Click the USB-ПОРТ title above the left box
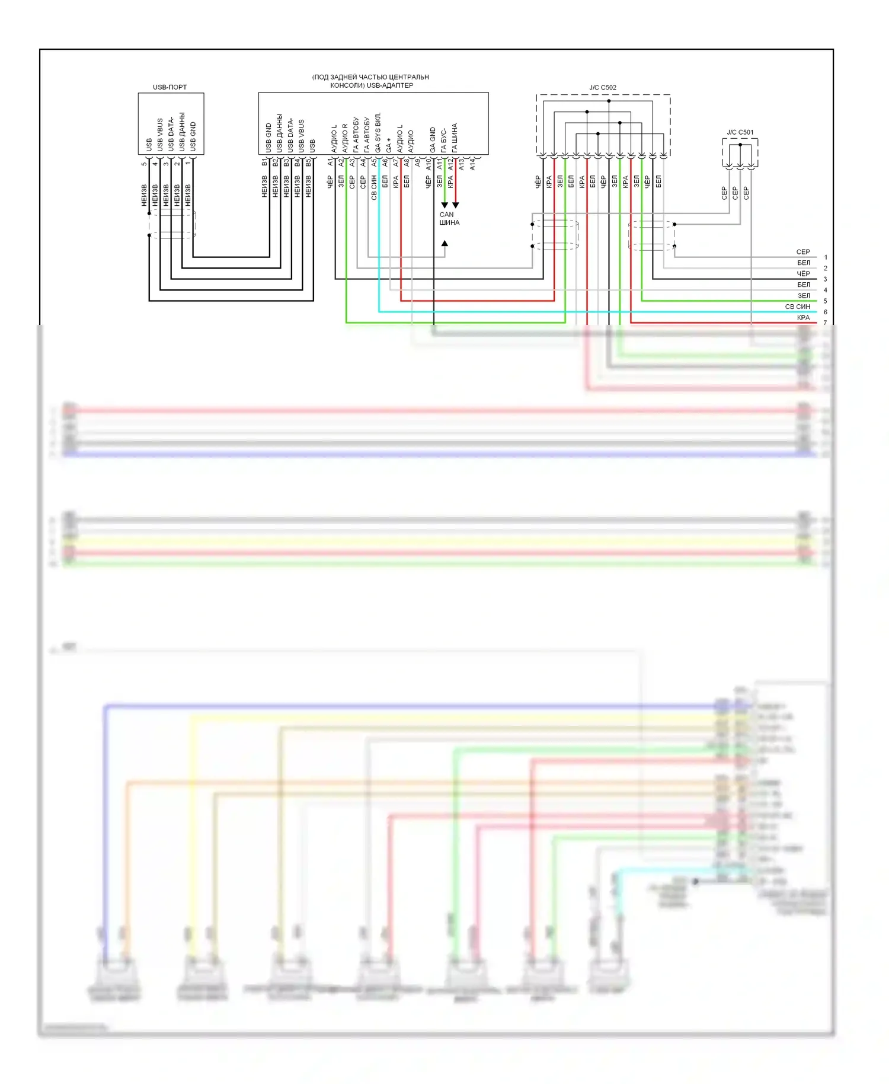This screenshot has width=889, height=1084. tap(170, 87)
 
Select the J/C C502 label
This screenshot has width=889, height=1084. tap(602, 88)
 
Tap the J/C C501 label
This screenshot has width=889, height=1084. tap(740, 132)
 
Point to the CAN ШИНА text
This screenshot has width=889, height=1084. tap(449, 219)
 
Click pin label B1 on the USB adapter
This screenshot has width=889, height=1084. tap(264, 162)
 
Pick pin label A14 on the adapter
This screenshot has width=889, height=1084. tap(472, 164)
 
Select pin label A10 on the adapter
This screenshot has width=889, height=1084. tap(428, 164)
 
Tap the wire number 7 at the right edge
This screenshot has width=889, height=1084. tap(825, 323)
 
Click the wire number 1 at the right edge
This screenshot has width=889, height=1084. tap(825, 257)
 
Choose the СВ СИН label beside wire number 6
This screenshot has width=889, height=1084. tap(797, 307)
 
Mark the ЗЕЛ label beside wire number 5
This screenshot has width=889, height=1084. tap(803, 296)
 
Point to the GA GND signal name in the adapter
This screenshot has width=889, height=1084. tap(433, 139)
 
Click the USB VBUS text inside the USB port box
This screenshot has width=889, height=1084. tap(160, 135)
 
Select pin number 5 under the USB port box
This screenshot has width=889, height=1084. tap(144, 164)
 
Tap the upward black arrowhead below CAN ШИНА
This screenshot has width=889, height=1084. tap(444, 243)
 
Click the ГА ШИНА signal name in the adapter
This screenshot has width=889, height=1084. tap(455, 138)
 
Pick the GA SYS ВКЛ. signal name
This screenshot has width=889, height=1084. tap(378, 132)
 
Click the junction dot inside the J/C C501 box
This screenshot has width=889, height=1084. tap(740, 145)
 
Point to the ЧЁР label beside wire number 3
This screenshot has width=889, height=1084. tap(803, 274)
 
